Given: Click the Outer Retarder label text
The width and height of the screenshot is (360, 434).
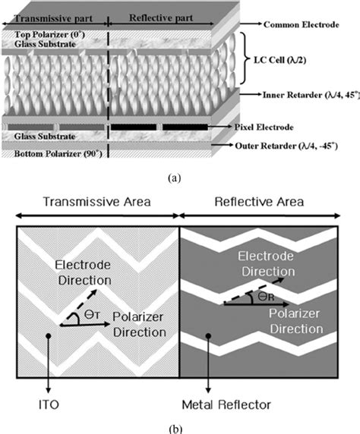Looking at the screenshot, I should (x=312, y=145).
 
